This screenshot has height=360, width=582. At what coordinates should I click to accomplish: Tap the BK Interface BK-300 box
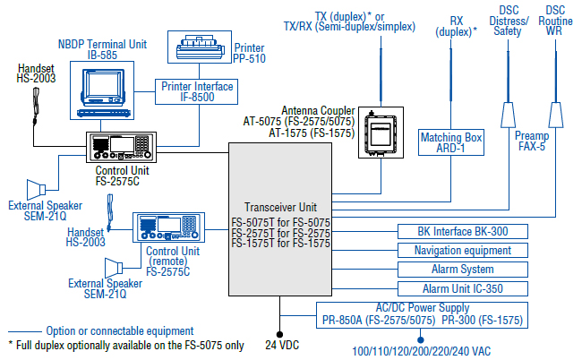[x=462, y=231]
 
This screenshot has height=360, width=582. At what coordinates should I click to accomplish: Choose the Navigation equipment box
[x=462, y=251]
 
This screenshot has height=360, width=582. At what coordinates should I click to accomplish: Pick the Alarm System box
[x=462, y=270]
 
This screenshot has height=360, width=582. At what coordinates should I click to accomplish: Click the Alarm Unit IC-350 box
[x=462, y=289]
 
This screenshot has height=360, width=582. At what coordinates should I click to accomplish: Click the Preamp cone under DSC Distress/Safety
[x=508, y=115]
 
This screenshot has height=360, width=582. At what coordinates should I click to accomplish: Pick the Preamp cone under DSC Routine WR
[x=556, y=115]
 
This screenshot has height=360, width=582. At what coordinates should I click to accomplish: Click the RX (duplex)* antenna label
[x=455, y=25]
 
